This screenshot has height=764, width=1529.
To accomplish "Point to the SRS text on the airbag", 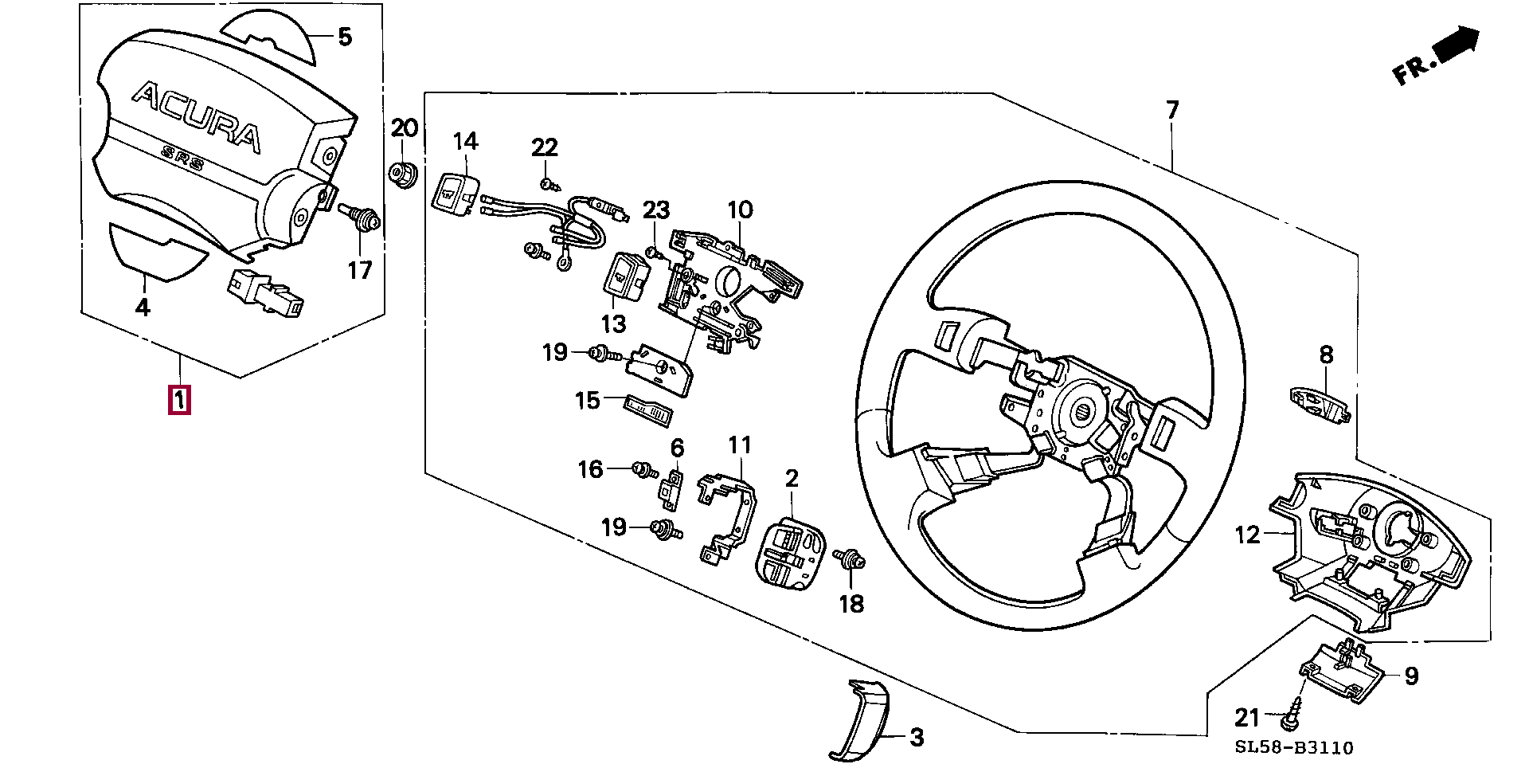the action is click(x=182, y=158).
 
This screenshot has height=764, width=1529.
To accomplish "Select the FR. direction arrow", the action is click(x=1437, y=55).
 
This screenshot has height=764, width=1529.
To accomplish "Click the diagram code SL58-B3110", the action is click(x=1294, y=747).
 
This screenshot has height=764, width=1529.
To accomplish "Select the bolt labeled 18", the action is click(x=850, y=560).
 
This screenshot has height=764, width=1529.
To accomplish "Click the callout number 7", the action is click(x=1171, y=110).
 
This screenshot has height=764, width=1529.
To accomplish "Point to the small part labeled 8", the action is click(x=1320, y=405).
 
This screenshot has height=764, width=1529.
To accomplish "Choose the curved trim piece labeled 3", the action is click(x=858, y=719).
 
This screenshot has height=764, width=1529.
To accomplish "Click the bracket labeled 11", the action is click(x=726, y=519).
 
